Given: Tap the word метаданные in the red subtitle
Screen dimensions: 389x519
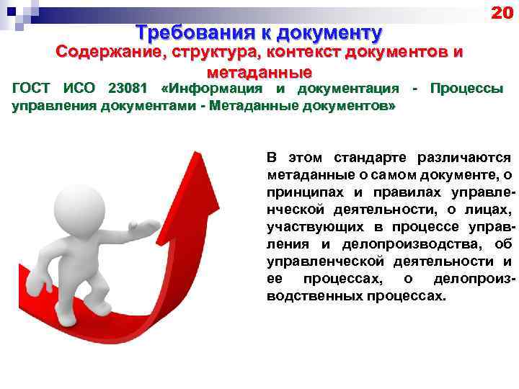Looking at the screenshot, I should click(259, 72).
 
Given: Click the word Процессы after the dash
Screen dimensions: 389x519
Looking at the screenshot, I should click(466, 89).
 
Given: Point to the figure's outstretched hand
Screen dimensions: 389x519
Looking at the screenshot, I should click(148, 229).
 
